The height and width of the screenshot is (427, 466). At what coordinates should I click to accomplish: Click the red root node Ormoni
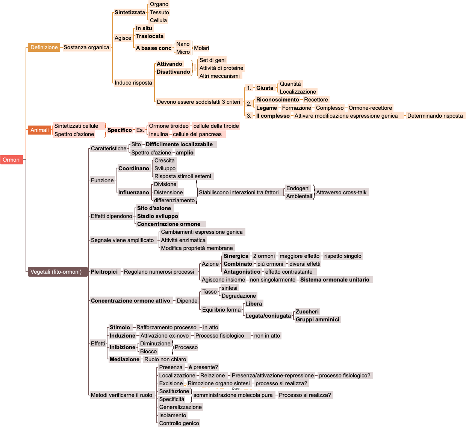[12, 160]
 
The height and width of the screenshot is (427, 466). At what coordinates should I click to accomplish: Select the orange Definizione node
[44, 47]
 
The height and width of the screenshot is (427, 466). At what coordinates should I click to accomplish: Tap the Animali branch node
[39, 130]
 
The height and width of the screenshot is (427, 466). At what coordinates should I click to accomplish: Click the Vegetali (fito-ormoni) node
[56, 272]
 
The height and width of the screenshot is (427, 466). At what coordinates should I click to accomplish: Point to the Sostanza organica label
[86, 47]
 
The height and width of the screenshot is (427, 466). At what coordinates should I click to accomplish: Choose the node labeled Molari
[201, 48]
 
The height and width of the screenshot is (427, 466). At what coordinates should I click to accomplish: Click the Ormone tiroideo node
[169, 126]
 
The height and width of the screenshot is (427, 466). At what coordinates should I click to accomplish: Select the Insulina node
[159, 134]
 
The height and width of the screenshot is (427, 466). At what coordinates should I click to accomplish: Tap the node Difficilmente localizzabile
[179, 144]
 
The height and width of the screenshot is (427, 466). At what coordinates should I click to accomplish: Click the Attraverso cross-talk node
[341, 192]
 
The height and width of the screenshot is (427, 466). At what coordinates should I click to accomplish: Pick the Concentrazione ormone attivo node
[130, 301]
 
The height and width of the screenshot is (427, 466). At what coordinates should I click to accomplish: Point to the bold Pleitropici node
[104, 272]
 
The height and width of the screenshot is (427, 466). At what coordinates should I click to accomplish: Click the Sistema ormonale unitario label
[334, 280]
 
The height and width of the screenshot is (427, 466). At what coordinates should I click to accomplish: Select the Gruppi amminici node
[318, 319]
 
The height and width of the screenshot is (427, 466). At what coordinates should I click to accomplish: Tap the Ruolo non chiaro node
[165, 359]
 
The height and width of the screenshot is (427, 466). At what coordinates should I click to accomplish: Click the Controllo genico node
[179, 423]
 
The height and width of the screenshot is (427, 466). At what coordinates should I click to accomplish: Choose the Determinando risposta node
[435, 116]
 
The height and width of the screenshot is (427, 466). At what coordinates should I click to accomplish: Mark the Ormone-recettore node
[370, 108]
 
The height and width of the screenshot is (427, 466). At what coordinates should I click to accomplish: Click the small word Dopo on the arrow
[236, 389]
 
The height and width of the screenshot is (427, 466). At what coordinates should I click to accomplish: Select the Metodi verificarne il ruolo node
[122, 395]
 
